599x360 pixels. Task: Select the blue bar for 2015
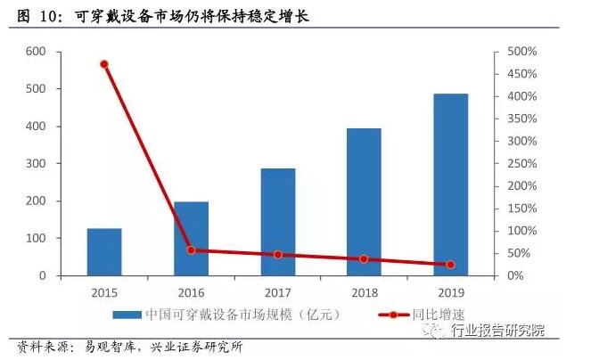point(104,252)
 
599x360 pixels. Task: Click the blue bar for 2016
point(191,239)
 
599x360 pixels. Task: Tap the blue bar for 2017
point(277,222)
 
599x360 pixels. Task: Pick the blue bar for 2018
point(364,202)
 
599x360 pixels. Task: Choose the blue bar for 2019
point(450,184)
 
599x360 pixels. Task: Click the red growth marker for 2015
point(104,64)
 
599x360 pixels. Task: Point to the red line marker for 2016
point(191,250)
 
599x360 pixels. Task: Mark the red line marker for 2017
point(277,255)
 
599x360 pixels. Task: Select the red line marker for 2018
point(364,259)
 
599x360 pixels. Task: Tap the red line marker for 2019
point(450,265)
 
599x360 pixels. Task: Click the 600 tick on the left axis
point(35,52)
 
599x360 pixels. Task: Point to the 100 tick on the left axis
point(35,239)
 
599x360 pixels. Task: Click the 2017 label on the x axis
point(277,291)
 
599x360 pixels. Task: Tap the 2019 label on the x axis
point(450,291)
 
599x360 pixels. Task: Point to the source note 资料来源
point(129,347)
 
